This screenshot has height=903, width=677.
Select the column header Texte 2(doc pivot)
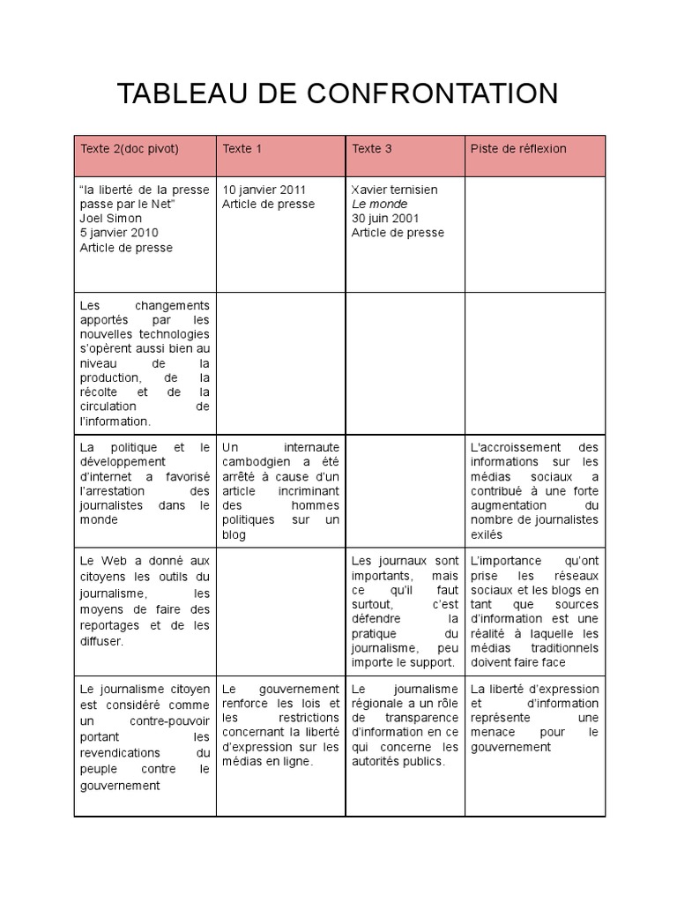point(130,148)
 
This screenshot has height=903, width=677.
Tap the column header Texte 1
point(242,148)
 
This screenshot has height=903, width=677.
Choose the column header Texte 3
point(372,148)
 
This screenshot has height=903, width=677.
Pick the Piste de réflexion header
point(518,148)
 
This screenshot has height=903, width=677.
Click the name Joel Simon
point(109,219)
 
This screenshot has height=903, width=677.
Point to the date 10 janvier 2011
point(264,190)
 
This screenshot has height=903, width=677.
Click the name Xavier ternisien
point(394,190)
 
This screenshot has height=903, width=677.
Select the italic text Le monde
point(379,204)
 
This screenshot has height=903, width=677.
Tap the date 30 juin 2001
point(385,219)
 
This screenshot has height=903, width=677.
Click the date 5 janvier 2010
point(120,233)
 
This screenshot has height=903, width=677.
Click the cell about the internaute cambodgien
point(280,490)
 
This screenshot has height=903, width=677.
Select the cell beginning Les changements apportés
point(145,363)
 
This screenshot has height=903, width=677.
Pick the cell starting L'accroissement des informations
point(534,490)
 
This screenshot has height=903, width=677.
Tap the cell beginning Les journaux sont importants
point(405,611)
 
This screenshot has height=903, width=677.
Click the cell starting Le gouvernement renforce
point(280,725)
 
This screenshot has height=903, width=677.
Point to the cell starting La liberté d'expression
point(534,718)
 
